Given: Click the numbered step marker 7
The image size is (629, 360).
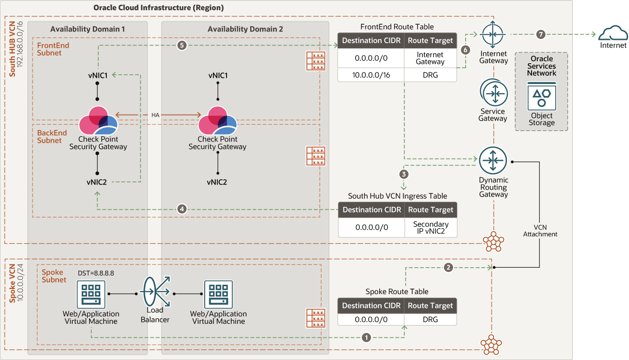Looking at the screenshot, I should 540,34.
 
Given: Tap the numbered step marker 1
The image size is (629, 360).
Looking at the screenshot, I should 366,337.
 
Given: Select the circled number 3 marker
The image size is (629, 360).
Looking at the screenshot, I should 404,174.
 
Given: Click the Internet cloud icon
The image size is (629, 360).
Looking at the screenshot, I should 613,33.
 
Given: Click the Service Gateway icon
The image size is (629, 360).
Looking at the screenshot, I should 494,93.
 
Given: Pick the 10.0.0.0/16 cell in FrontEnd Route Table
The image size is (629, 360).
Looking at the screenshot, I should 371,75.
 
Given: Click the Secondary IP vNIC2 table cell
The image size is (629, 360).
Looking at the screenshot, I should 430,227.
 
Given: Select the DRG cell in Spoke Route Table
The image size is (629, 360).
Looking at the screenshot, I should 430,319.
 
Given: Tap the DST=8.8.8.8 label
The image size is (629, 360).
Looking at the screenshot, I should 96,273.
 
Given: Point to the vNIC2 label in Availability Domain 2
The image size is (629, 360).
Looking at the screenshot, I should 217,182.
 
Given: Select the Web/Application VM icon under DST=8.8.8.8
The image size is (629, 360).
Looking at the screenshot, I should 91,294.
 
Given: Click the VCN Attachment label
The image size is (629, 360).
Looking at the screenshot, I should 540,231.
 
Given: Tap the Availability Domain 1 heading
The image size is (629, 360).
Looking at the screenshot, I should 88,29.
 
